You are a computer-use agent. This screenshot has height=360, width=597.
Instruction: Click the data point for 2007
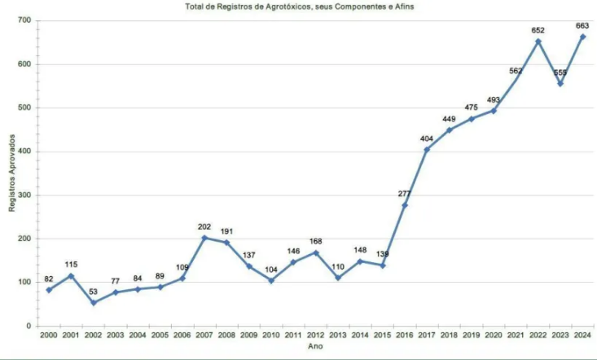[204, 238]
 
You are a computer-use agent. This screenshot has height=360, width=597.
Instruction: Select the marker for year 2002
[94, 302]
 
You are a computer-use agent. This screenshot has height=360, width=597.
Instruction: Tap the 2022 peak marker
[538, 42]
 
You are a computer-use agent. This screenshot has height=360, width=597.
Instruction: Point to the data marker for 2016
[404, 205]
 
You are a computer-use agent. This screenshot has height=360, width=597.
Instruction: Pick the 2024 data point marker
[582, 37]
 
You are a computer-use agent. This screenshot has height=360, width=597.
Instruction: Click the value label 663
[582, 26]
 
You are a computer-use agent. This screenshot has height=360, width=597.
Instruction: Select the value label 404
[427, 139]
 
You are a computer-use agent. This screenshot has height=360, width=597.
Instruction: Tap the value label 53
[94, 292]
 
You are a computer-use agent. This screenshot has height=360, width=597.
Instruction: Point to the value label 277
[404, 194]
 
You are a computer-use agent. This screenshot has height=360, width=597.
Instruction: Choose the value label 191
[226, 231]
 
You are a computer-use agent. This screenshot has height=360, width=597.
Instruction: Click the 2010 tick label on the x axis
[271, 336]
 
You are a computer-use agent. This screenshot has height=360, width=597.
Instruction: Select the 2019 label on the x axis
[472, 336]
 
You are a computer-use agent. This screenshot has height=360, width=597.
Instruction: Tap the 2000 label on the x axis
[49, 336]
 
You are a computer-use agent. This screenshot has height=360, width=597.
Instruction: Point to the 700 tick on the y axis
[24, 20]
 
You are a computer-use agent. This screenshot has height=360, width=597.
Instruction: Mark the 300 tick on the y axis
[24, 195]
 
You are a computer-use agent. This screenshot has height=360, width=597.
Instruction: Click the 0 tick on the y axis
[29, 326]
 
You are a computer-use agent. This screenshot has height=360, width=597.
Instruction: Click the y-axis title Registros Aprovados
[11, 173]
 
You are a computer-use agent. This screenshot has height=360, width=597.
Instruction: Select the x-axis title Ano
[315, 346]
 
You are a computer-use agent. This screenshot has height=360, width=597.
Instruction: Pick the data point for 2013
[338, 278]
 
